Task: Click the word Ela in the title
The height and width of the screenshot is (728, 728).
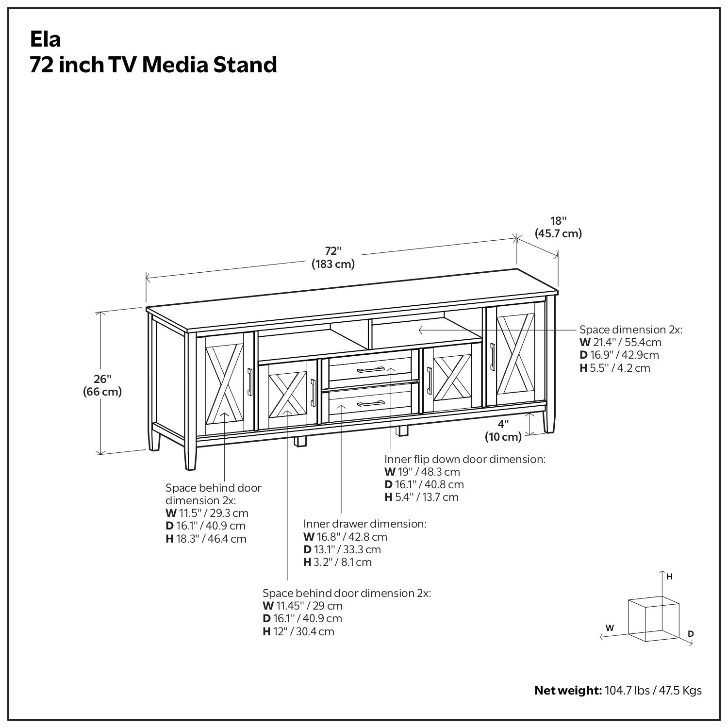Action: tap(46, 39)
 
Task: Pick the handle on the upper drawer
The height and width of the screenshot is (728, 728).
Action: tap(371, 370)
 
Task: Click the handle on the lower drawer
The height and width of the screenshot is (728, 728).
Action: tap(371, 403)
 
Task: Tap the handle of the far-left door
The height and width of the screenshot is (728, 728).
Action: tap(250, 382)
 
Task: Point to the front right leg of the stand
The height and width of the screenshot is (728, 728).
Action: tap(549, 421)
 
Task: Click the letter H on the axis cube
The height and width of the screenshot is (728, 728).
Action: tap(669, 577)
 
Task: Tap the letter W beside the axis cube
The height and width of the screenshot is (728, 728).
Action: tap(610, 628)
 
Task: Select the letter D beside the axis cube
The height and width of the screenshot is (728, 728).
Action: tap(691, 633)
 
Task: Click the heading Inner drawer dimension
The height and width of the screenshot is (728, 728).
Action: tap(365, 524)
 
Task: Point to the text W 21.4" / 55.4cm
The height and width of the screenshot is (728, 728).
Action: tap(620, 342)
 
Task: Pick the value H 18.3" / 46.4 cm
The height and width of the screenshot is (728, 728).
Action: tap(206, 538)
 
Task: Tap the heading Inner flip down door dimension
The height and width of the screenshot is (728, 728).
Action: tap(465, 459)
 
